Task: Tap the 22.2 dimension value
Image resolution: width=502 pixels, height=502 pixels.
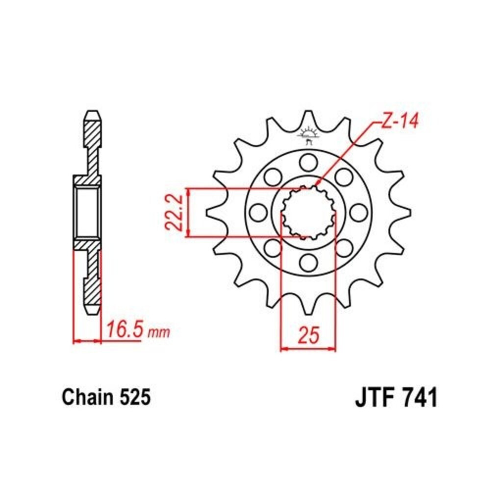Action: click(174, 213)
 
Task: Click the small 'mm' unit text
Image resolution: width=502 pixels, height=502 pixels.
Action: click(159, 333)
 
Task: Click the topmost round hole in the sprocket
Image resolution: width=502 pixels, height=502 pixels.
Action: click(309, 162)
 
